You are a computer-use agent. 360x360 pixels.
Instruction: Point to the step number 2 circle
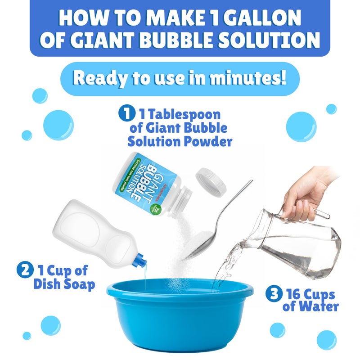[23, 271]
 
